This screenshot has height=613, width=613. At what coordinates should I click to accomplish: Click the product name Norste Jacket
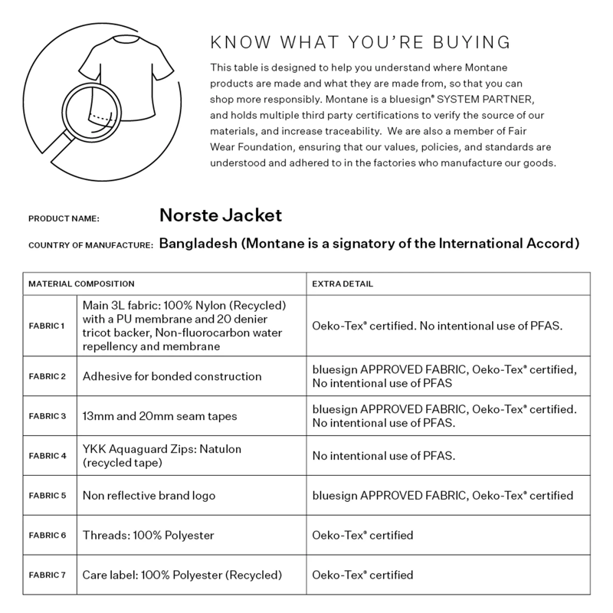(x=221, y=215)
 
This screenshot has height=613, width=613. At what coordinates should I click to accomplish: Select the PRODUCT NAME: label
(x=64, y=219)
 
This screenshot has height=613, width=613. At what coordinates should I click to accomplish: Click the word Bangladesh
(x=199, y=244)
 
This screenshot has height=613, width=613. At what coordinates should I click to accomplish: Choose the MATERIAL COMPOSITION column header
(x=76, y=284)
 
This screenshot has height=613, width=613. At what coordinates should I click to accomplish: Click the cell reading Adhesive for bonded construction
(x=172, y=376)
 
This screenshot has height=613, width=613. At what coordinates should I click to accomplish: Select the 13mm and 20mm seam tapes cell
(x=158, y=416)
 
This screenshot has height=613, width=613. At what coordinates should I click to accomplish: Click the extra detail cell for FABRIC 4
(x=384, y=456)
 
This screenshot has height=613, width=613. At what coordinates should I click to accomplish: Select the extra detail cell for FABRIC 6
(x=362, y=535)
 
